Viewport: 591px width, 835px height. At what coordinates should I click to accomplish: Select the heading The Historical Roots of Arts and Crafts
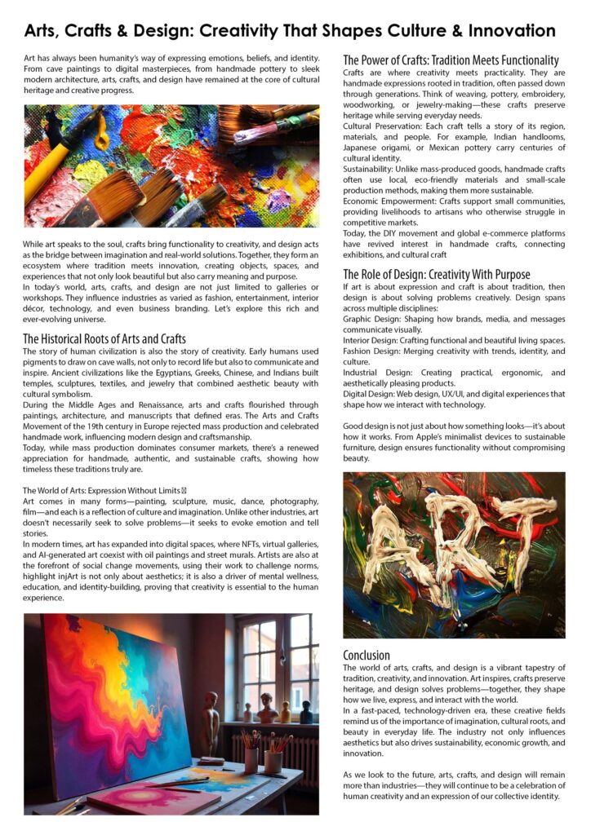tap(104, 338)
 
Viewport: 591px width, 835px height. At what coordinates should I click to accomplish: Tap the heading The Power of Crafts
tap(451, 60)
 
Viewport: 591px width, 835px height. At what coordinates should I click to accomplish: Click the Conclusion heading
tap(367, 655)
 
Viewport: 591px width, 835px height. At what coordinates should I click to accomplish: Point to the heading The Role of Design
tap(436, 275)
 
